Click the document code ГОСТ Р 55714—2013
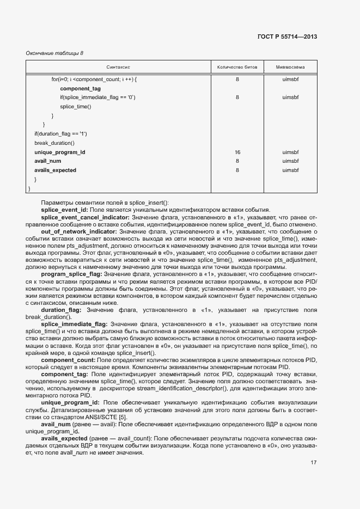pyautogui.click(x=287, y=37)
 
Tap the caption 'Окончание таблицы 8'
pyautogui.click(x=55, y=53)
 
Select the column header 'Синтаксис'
pyautogui.click(x=118, y=67)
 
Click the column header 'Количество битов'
pyautogui.click(x=237, y=67)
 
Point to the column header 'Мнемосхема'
pyautogui.click(x=290, y=67)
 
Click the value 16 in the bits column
pyautogui.click(x=237, y=152)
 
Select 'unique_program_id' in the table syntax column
pyautogui.click(x=59, y=152)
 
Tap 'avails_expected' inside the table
pyautogui.click(x=55, y=170)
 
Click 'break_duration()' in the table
pyautogui.click(x=54, y=143)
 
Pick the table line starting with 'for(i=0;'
pyautogui.click(x=94, y=79)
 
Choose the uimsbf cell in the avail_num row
pyautogui.click(x=290, y=161)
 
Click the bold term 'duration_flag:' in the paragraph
pyautogui.click(x=61, y=310)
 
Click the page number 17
pyautogui.click(x=314, y=463)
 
